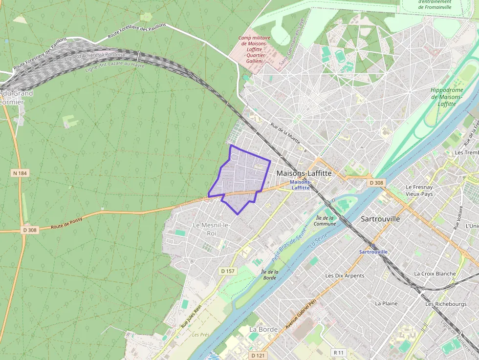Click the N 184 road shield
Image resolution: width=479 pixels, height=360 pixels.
pyautogui.click(x=20, y=173)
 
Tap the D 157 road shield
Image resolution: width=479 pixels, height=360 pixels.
pyautogui.click(x=228, y=271)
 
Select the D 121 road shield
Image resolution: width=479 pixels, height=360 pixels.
pyautogui.click(x=258, y=355)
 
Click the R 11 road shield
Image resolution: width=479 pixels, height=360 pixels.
pyautogui.click(x=339, y=352)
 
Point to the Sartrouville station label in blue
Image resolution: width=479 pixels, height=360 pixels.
pyautogui.click(x=373, y=252)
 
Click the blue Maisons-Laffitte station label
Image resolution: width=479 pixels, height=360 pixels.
pyautogui.click(x=300, y=185)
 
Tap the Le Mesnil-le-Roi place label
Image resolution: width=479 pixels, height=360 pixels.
pyautogui.click(x=211, y=229)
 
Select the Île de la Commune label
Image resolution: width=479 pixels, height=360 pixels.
pyautogui.click(x=325, y=221)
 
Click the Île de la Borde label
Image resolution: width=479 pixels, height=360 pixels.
pyautogui.click(x=269, y=275)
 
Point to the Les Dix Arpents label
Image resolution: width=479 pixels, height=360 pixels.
pyautogui.click(x=345, y=275)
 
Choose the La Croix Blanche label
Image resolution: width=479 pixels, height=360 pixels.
pyautogui.click(x=435, y=274)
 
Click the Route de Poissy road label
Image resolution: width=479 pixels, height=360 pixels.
pyautogui.click(x=66, y=223)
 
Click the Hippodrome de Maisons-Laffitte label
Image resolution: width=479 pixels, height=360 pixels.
pyautogui.click(x=447, y=97)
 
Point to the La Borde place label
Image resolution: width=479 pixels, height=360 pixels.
pyautogui.click(x=263, y=329)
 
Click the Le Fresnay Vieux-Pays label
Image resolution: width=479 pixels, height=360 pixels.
pyautogui.click(x=419, y=191)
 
